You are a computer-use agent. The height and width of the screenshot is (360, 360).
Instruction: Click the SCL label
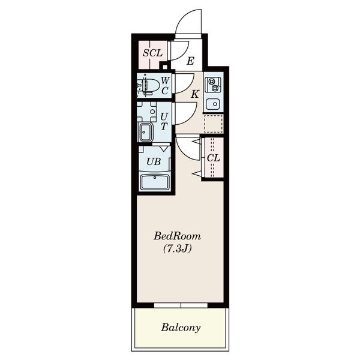(152, 53)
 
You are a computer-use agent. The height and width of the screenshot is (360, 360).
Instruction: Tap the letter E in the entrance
(190, 61)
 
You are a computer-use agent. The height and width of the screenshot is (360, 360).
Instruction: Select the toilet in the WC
(148, 86)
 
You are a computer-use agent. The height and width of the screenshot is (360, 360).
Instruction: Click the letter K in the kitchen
(195, 94)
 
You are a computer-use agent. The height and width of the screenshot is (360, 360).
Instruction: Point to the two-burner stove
(213, 85)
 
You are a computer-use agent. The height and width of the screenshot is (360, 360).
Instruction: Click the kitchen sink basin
(213, 104)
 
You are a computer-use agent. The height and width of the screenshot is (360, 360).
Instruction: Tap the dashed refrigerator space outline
(213, 123)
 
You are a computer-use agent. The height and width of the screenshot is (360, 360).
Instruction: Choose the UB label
(154, 162)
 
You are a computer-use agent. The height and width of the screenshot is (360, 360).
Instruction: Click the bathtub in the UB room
(155, 182)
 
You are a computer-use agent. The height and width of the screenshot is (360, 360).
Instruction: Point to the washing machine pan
(147, 112)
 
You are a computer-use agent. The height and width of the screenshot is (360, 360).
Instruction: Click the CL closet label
(213, 158)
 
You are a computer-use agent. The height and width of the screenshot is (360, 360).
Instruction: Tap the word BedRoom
(177, 236)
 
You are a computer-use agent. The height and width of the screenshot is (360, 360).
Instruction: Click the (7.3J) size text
(177, 249)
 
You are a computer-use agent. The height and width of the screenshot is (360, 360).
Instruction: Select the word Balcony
(181, 328)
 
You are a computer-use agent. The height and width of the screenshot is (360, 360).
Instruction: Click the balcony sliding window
(181, 305)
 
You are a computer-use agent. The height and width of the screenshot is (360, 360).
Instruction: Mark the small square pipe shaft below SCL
(165, 67)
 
